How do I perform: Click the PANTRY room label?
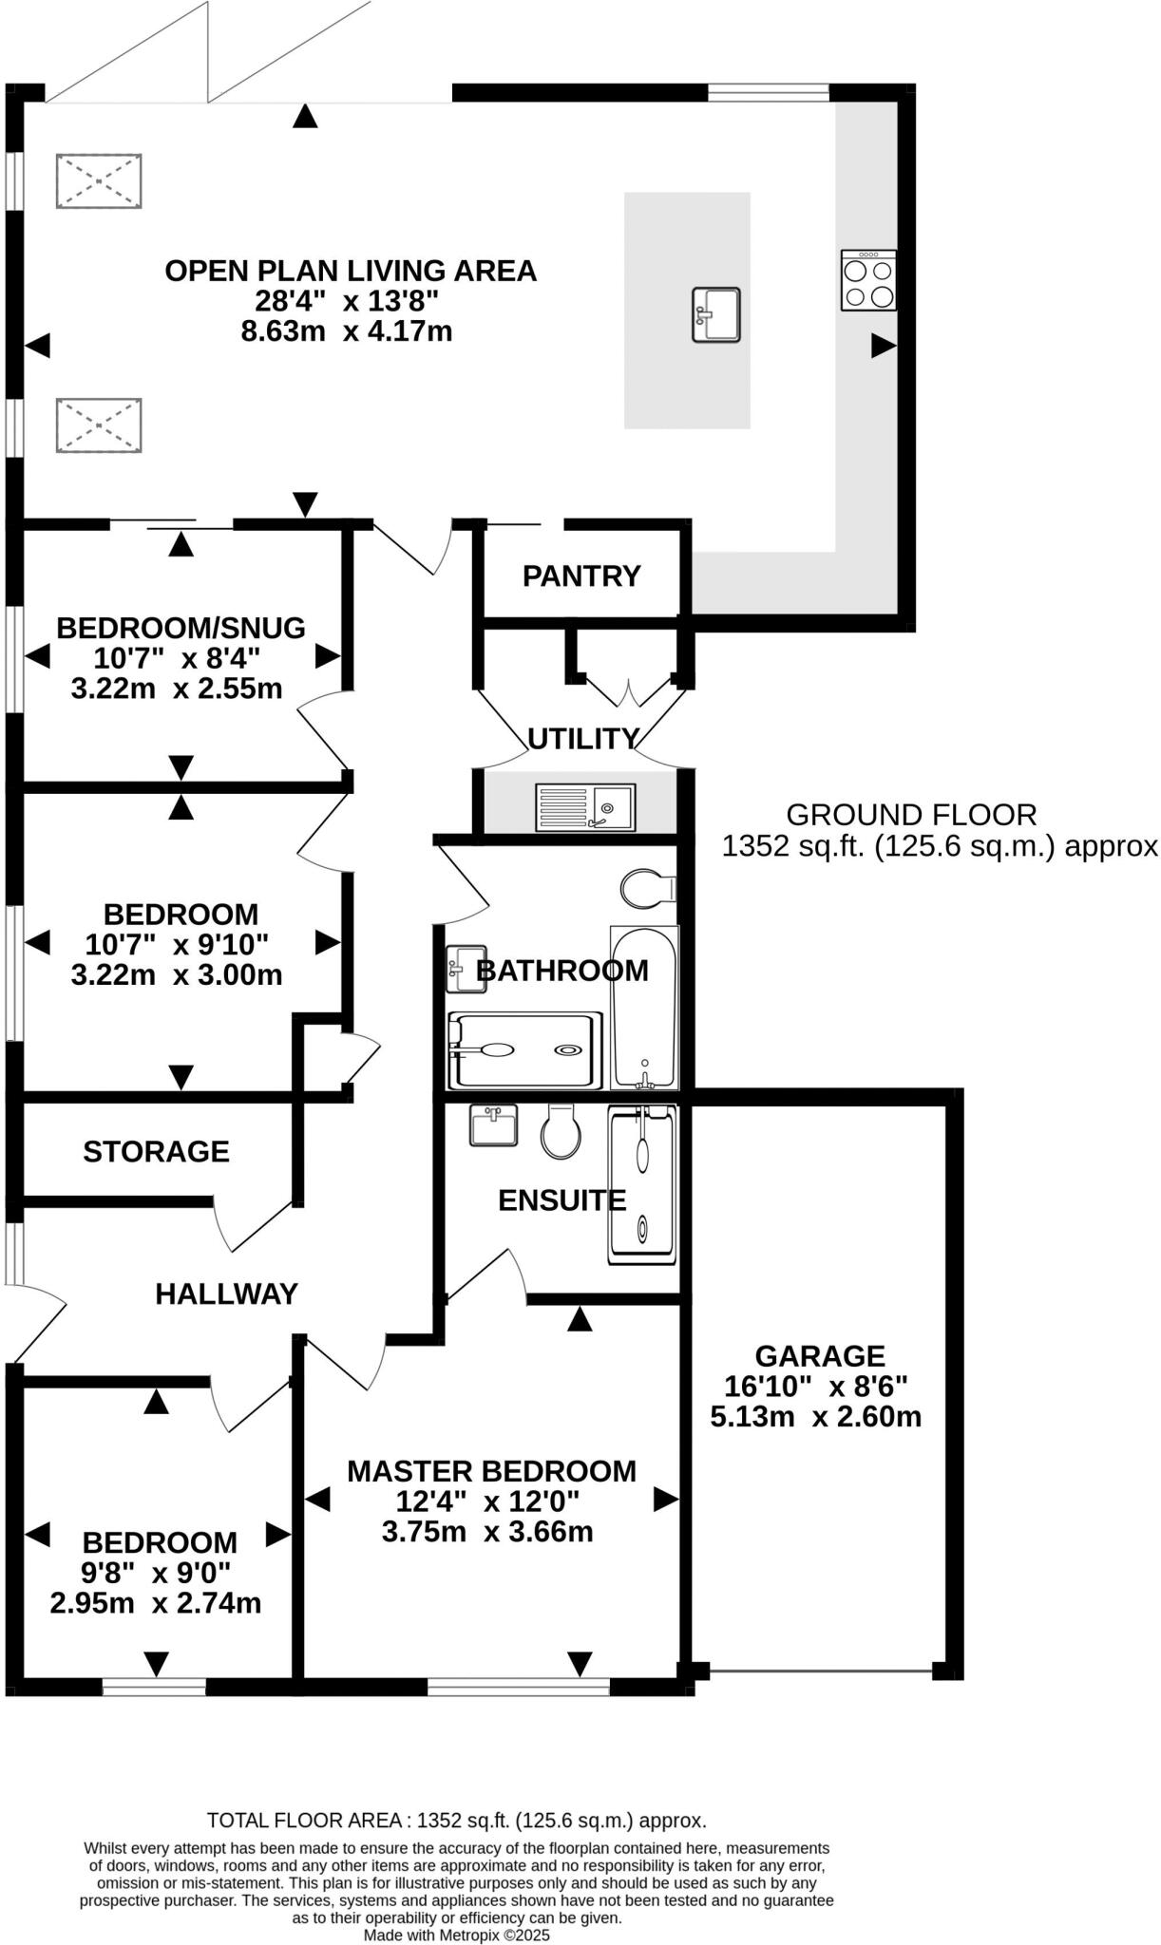[x=581, y=576]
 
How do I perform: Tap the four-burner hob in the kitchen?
[x=868, y=280]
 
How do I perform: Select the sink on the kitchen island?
[x=716, y=314]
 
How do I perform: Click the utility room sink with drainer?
[x=585, y=807]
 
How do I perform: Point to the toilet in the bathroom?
[x=647, y=889]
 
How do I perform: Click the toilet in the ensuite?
[x=561, y=1131]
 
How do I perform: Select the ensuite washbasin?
[x=494, y=1124]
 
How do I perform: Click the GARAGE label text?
[x=820, y=1356]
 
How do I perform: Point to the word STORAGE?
[x=156, y=1152]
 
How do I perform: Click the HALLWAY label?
[x=226, y=1294]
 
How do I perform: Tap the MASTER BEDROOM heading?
[x=491, y=1471]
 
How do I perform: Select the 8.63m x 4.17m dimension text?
[x=346, y=331]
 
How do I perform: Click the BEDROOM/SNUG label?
[x=181, y=628]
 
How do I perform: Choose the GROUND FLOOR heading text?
[x=911, y=815]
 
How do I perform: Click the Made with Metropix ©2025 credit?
[x=457, y=1936]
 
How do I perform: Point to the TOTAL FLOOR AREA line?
[x=457, y=1821]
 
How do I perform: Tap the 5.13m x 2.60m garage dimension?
[x=815, y=1417]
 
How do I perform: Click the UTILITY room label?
[x=583, y=738]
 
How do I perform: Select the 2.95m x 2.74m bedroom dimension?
[x=156, y=1603]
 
